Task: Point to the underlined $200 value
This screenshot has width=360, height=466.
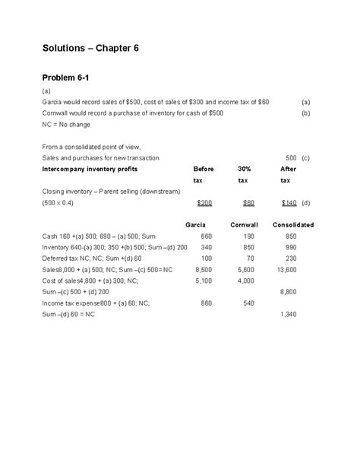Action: click(204, 203)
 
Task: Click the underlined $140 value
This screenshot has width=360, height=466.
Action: click(289, 203)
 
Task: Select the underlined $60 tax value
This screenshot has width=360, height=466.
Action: click(248, 203)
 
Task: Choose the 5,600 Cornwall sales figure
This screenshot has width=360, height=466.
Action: click(246, 269)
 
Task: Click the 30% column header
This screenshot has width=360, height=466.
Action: click(244, 169)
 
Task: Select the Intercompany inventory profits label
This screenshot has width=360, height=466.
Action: click(90, 169)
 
